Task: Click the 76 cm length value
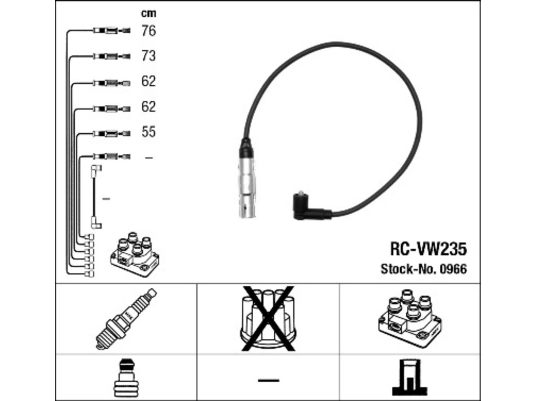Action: pos(148,31)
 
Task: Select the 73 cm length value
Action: pos(148,56)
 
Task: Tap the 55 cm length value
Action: pos(148,132)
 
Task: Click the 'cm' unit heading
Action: pos(148,13)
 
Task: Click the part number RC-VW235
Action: pos(428,249)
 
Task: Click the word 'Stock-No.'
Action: pos(409,269)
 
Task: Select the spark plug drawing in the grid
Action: pos(126,319)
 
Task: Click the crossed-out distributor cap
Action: pos(268,318)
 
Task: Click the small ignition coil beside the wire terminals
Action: pos(135,254)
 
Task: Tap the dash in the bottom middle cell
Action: pos(268,381)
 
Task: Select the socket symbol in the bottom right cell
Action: pos(410,377)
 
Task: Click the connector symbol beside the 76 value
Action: pos(112,30)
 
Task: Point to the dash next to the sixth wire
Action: pos(149,158)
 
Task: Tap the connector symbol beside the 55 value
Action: pos(112,134)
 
